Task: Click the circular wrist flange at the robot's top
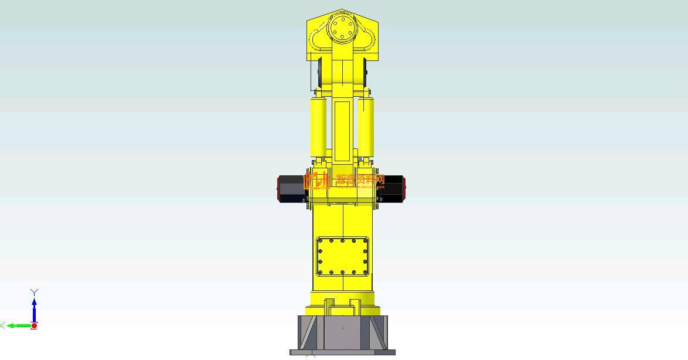(x=342, y=28)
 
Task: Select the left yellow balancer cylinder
(x=318, y=127)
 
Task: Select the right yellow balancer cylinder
(x=366, y=127)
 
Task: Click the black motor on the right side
(x=393, y=189)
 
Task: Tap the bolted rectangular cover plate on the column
(x=342, y=257)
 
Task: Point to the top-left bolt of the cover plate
(x=320, y=240)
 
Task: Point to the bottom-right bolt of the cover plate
(x=365, y=272)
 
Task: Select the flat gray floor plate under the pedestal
(x=342, y=352)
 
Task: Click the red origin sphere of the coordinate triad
(x=34, y=325)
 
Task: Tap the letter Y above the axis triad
(x=34, y=292)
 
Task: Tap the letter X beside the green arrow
(x=2, y=325)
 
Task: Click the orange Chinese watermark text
(x=360, y=179)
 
